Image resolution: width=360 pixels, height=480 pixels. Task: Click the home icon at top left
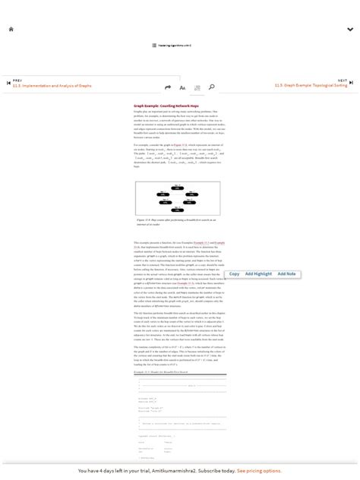(x=11, y=29)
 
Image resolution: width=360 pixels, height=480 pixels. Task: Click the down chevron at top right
(x=350, y=30)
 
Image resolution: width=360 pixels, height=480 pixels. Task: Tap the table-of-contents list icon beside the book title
(x=153, y=46)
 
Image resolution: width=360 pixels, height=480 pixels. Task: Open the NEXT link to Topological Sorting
(x=311, y=86)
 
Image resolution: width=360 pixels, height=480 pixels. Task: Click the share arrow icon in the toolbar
(x=168, y=87)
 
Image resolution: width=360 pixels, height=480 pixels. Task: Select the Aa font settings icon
(x=183, y=87)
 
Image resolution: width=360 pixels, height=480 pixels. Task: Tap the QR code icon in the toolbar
(x=197, y=87)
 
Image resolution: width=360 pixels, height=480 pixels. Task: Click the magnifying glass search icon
(x=212, y=87)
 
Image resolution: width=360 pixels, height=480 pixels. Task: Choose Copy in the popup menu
(x=234, y=273)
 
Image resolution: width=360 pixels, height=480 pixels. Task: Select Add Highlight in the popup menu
(x=258, y=273)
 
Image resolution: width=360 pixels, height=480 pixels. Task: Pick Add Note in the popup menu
(x=286, y=273)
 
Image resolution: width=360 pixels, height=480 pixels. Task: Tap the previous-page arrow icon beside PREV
(x=8, y=83)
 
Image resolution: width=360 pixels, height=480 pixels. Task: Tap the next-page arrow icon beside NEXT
(x=352, y=83)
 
